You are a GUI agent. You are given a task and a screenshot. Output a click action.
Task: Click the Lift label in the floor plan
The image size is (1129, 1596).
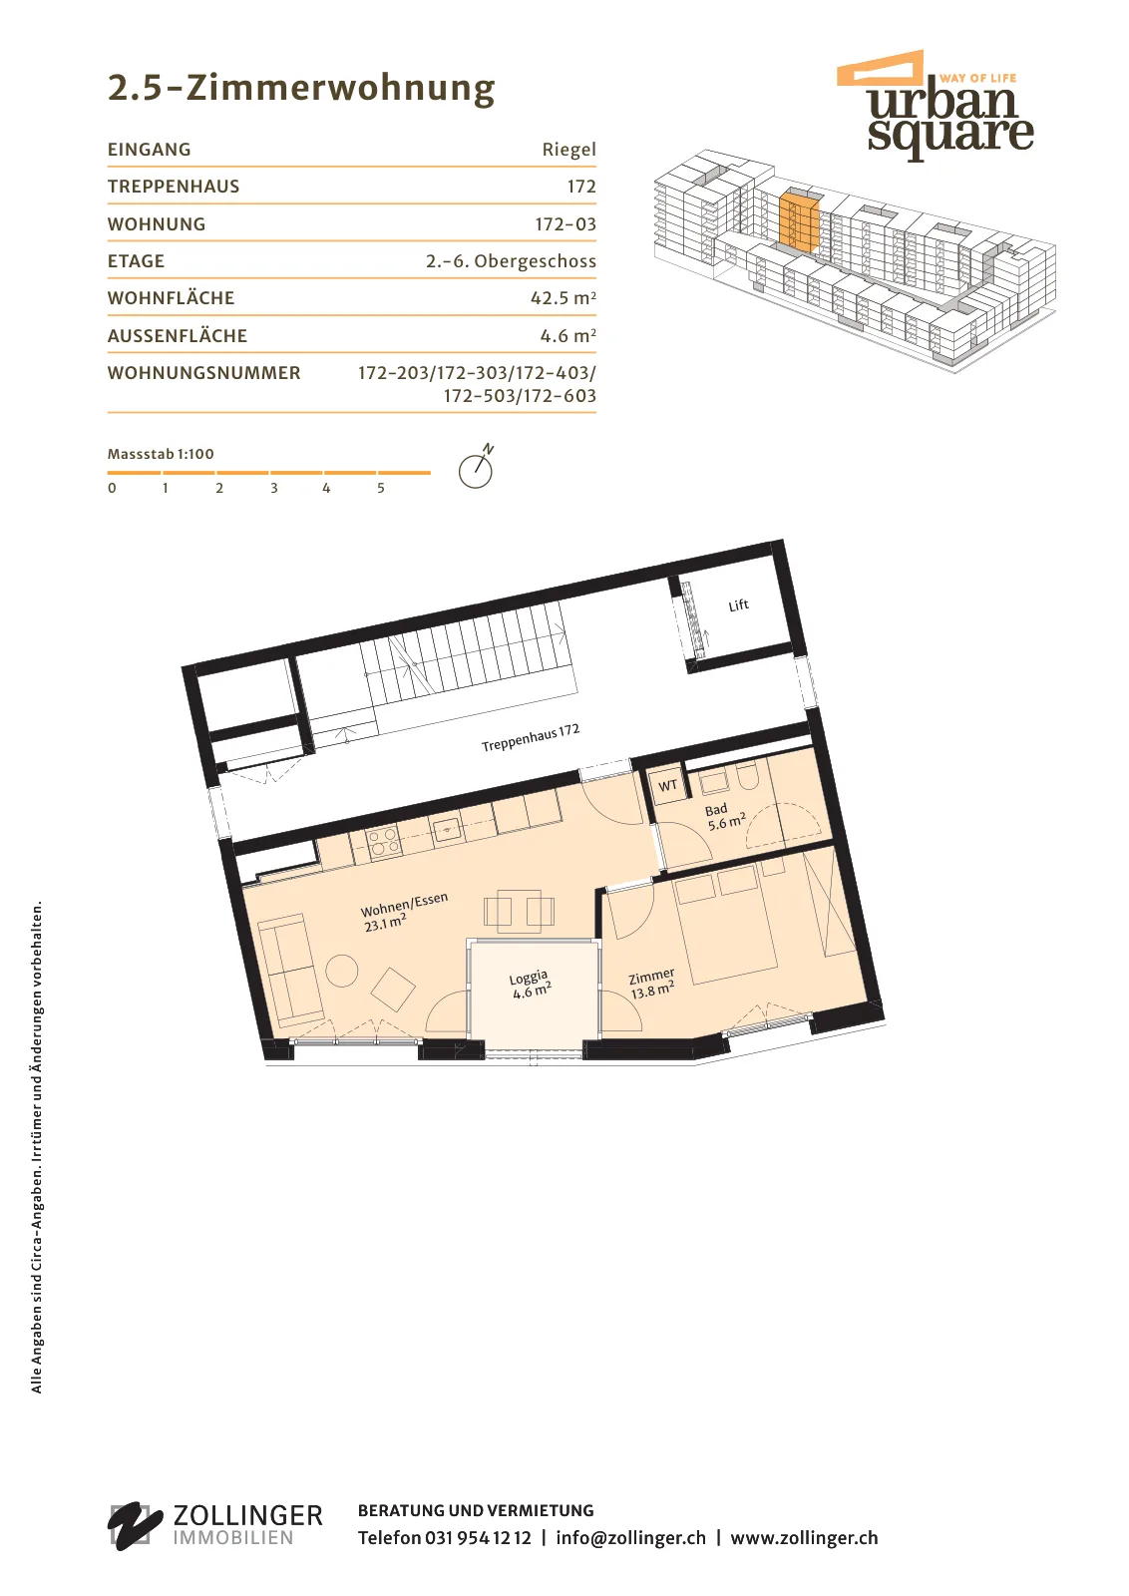pos(739,604)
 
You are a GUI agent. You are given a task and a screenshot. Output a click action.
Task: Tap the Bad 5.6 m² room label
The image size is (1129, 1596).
pos(724,817)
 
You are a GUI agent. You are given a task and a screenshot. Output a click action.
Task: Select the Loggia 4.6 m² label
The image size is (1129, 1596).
pos(531,984)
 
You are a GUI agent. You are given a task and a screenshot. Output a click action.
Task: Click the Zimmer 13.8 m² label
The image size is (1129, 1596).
pos(651,984)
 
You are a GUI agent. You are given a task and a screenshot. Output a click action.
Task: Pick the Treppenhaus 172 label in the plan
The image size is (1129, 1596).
pos(531,737)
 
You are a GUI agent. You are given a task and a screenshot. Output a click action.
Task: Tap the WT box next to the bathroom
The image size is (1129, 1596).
pos(667,785)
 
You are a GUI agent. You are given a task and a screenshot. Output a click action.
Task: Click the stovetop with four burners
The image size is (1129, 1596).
pos(384,841)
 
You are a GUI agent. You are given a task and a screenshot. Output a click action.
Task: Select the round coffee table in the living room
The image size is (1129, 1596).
pos(342,971)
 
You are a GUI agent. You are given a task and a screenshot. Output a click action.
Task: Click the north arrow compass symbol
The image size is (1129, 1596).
pos(477,467)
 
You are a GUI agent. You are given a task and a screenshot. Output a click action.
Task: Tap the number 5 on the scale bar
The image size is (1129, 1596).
pos(381,488)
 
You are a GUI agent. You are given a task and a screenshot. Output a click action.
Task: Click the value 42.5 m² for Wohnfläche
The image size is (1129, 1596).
pos(563,298)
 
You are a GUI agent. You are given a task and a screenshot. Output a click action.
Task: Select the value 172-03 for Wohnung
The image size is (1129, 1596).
pos(565,223)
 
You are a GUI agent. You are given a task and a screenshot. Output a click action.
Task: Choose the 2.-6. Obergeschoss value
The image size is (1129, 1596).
pos(511,261)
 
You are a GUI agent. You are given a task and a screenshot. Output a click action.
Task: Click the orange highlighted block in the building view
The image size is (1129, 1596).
pos(799,220)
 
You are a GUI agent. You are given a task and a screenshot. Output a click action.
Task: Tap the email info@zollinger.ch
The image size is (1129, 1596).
pos(630,1537)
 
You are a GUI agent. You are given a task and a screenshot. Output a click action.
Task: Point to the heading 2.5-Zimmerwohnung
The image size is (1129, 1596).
pos(301,89)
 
